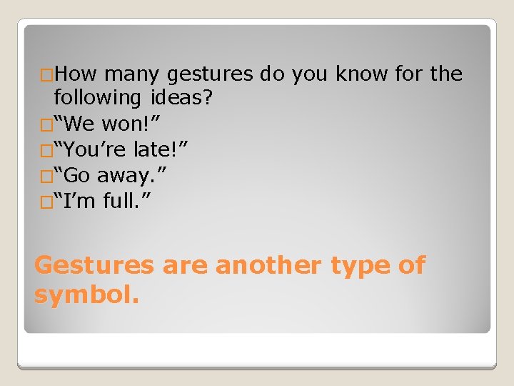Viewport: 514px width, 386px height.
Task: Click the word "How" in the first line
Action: click(79, 74)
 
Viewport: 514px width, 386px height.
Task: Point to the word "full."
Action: click(126, 202)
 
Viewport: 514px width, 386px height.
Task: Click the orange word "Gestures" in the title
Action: click(94, 266)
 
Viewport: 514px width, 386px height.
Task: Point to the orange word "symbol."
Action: click(86, 293)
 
